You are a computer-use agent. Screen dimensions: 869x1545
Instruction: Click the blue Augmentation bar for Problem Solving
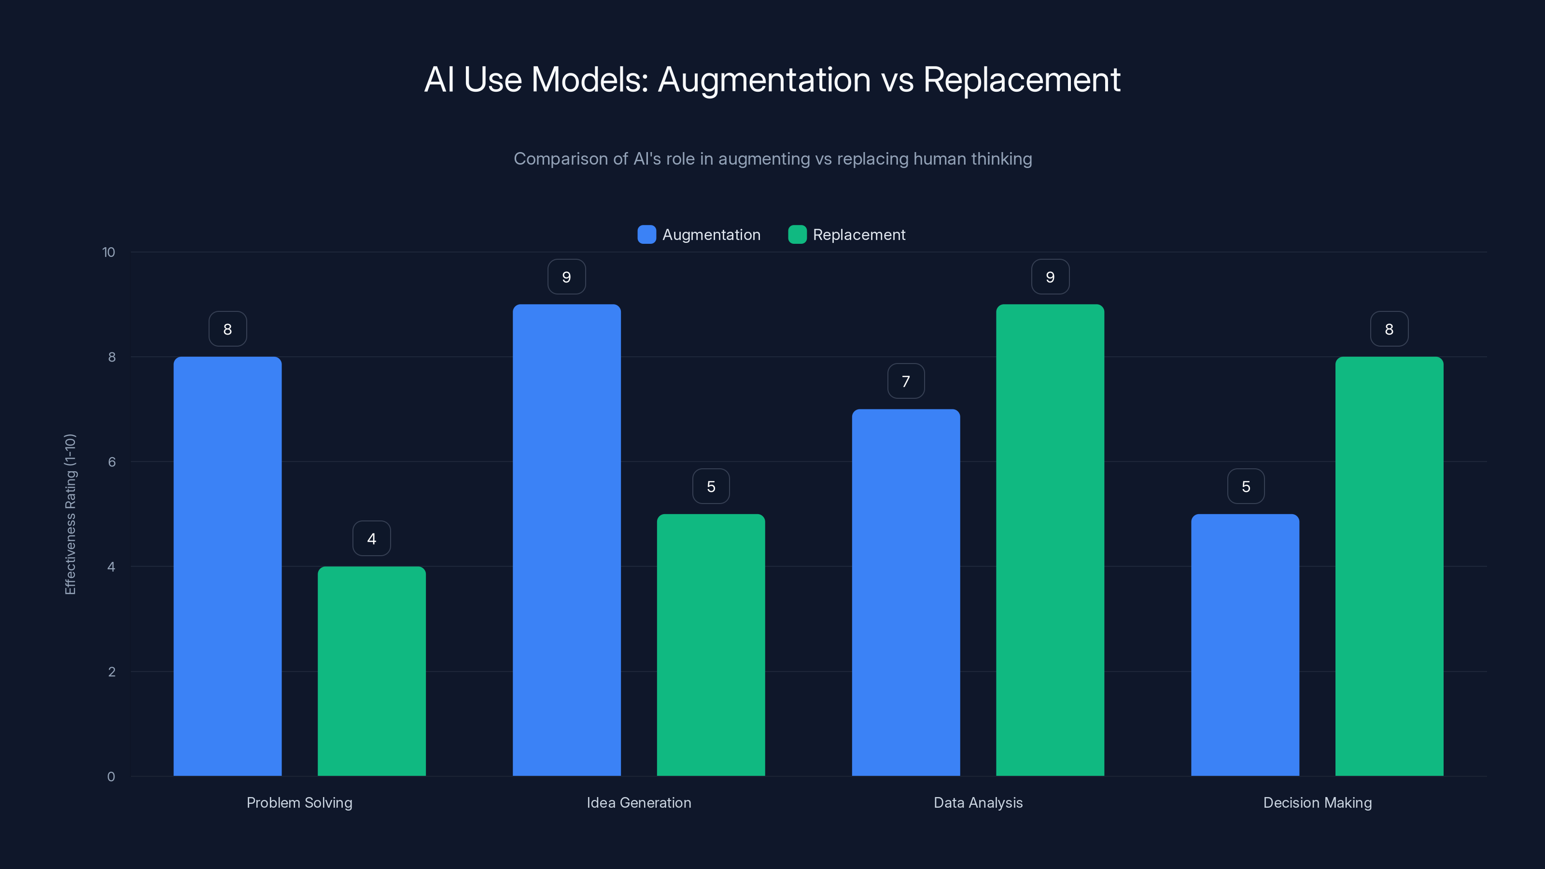click(227, 566)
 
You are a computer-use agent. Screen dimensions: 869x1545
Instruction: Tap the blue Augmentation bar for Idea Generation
click(566, 540)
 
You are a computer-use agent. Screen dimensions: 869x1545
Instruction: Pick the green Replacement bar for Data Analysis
click(1050, 540)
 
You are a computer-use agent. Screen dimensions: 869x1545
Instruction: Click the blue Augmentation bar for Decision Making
click(1245, 645)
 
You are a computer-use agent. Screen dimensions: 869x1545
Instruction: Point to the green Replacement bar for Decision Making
click(1389, 566)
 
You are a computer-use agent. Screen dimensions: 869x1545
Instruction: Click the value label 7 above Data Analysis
click(906, 381)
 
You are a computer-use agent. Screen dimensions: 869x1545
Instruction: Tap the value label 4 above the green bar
click(371, 539)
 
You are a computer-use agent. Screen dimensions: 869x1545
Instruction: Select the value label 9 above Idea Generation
click(566, 277)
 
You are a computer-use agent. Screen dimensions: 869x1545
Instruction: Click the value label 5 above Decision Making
click(1246, 486)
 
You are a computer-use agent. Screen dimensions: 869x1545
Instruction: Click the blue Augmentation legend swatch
click(646, 235)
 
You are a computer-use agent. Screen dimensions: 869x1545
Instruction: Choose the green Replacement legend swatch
click(797, 235)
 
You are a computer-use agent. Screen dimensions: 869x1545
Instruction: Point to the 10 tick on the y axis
click(109, 252)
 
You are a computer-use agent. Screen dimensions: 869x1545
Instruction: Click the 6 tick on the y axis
click(112, 462)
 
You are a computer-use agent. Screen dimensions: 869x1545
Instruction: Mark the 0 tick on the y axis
click(111, 777)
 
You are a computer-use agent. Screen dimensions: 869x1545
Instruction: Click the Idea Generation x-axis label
click(639, 802)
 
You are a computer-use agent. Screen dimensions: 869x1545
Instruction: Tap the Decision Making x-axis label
click(1317, 802)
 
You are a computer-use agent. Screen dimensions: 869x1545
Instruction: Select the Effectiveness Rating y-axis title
click(70, 514)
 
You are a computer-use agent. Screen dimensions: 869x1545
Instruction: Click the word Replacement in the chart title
click(1022, 80)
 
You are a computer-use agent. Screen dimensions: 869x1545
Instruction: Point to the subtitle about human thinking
click(772, 159)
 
